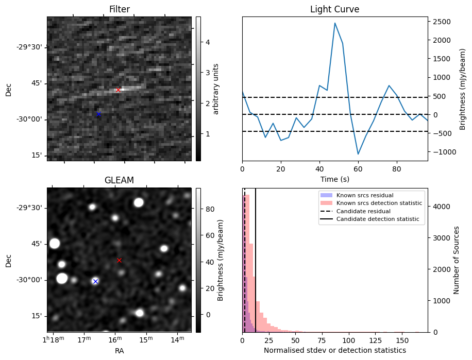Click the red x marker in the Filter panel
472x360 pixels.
118,90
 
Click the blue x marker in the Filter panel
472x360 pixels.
98,114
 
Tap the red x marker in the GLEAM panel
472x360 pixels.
119,260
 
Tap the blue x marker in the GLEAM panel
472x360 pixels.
95,281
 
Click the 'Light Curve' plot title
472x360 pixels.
334,9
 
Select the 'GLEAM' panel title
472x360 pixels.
119,180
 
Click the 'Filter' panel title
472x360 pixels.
119,9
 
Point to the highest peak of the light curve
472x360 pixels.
335,23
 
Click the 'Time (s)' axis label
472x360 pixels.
334,178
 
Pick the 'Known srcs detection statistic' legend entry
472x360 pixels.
379,203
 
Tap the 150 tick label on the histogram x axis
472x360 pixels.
402,340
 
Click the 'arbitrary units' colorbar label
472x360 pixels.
216,89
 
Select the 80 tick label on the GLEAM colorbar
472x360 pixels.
207,209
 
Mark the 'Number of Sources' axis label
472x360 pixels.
457,260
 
